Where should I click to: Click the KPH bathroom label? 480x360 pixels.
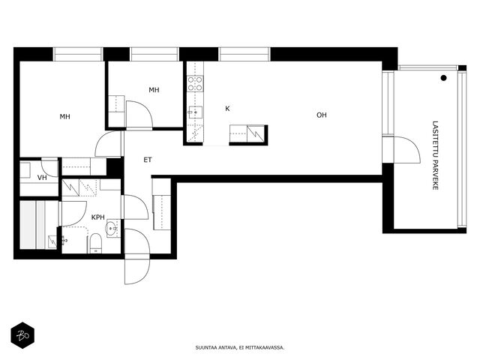[98, 217]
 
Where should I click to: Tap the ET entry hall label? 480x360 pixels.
[148, 160]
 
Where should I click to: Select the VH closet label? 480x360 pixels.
[42, 178]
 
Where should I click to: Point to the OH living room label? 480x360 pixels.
[322, 115]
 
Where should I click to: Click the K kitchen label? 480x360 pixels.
[227, 109]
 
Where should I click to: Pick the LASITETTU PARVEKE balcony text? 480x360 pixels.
[435, 155]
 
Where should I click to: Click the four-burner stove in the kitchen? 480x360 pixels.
[195, 83]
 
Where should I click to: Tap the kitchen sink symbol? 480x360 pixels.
[195, 112]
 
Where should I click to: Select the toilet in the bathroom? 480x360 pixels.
[95, 243]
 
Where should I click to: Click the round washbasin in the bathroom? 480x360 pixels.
[111, 228]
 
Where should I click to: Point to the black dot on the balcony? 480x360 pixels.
[443, 78]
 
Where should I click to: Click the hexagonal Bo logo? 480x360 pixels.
[22, 335]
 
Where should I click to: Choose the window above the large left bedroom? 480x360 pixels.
[78, 55]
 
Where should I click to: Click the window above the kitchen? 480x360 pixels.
[244, 55]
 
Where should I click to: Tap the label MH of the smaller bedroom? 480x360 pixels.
[154, 90]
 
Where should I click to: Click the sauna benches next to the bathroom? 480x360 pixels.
[34, 225]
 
